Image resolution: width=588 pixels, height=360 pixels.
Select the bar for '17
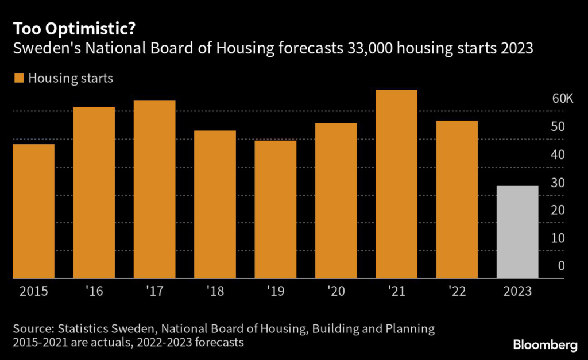pyautogui.click(x=154, y=189)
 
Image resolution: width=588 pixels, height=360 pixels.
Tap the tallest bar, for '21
pyautogui.click(x=396, y=184)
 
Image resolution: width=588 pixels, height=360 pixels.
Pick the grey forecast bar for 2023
pyautogui.click(x=517, y=232)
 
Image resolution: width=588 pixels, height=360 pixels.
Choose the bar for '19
pyautogui.click(x=275, y=209)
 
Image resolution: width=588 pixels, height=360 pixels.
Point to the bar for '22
pyautogui.click(x=457, y=199)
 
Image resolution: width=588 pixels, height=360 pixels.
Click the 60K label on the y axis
pyautogui.click(x=563, y=98)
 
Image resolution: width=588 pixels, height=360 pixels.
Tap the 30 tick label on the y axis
pyautogui.click(x=558, y=183)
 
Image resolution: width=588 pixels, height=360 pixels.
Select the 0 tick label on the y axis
pyautogui.click(x=562, y=266)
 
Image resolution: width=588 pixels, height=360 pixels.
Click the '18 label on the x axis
pyautogui.click(x=215, y=291)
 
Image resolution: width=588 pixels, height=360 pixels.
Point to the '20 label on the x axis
pyautogui.click(x=335, y=291)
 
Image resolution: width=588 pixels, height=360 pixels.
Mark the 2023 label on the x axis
pyautogui.click(x=517, y=291)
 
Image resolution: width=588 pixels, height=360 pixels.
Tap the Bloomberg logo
pyautogui.click(x=545, y=344)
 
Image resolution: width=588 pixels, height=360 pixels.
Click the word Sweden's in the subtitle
pyautogui.click(x=41, y=49)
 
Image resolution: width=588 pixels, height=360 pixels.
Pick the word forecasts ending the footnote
pyautogui.click(x=220, y=343)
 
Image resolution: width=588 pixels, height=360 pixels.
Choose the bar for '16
pyautogui.click(x=94, y=192)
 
